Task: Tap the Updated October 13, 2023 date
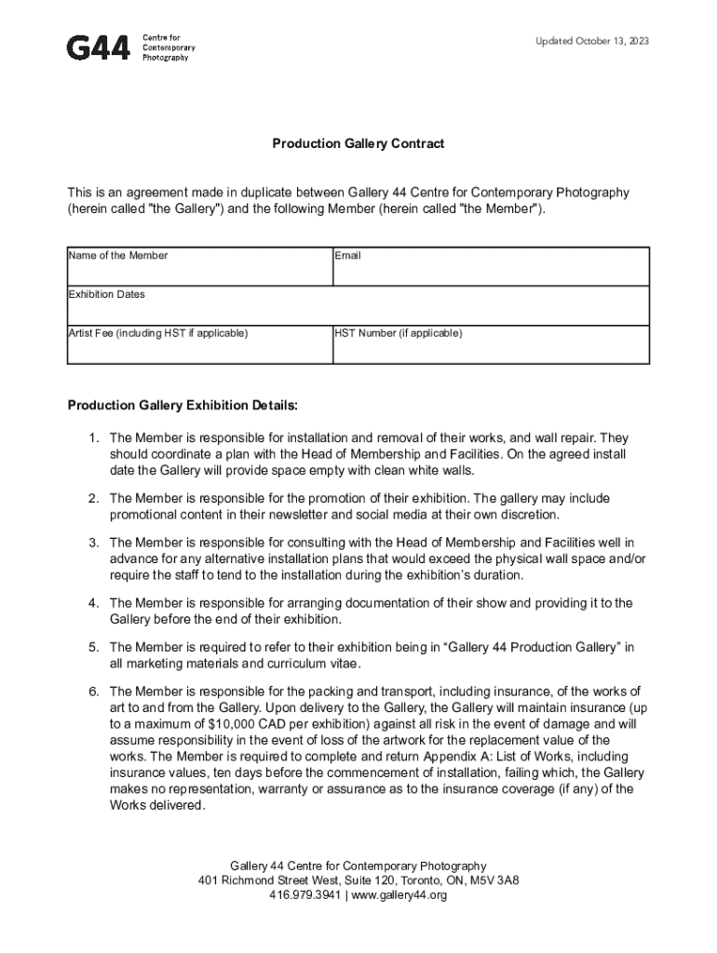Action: pyautogui.click(x=592, y=42)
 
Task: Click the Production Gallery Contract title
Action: pyautogui.click(x=358, y=143)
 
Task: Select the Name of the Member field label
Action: pyautogui.click(x=118, y=255)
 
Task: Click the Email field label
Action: pyautogui.click(x=348, y=255)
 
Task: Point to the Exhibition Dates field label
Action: pyautogui.click(x=107, y=294)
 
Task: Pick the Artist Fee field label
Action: pyautogui.click(x=158, y=333)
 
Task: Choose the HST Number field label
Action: pyautogui.click(x=399, y=333)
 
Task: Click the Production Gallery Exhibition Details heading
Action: pyautogui.click(x=183, y=406)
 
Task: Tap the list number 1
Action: pyautogui.click(x=93, y=436)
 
